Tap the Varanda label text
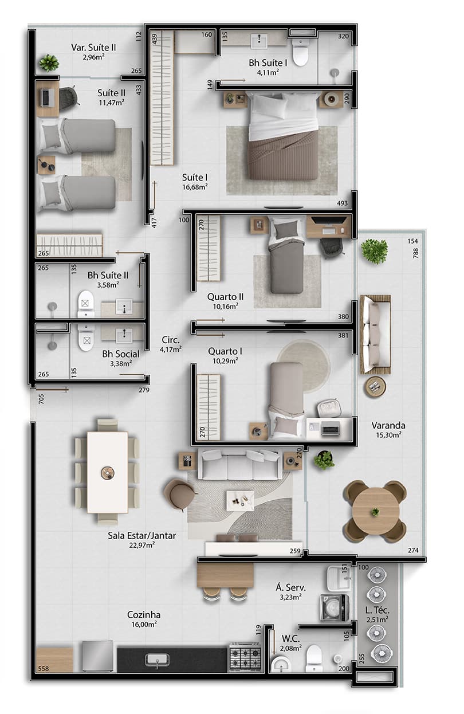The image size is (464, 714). coord(388,425)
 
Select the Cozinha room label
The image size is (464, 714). coord(143,615)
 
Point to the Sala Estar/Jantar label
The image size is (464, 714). coord(141,536)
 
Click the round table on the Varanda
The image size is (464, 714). coord(375,512)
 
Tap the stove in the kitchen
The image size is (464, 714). coord(245,657)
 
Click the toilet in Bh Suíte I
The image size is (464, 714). coord(300,52)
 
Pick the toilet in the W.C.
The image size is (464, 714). coord(314,658)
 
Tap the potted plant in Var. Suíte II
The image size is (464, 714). coord(49,62)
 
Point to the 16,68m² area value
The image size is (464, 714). coord(195,186)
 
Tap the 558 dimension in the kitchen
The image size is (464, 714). coord(44,669)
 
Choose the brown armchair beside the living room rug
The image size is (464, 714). coord(179,493)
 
